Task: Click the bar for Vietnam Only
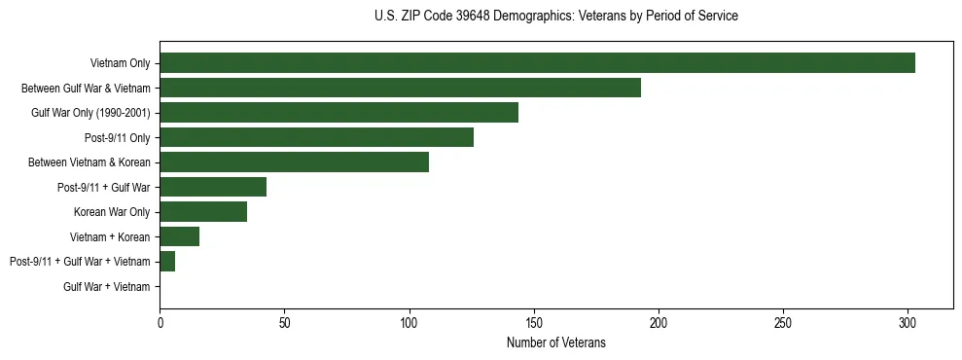[537, 63]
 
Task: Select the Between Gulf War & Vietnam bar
[400, 88]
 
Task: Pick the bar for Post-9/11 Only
[316, 137]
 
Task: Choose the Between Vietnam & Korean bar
[294, 162]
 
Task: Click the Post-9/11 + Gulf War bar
[213, 187]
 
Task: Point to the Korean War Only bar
[203, 212]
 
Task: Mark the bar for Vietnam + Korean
[179, 236]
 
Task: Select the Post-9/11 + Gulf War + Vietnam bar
[167, 262]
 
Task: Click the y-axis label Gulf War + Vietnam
[107, 287]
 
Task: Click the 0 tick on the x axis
[160, 320]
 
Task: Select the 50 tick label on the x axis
[284, 320]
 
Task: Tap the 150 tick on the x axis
[533, 320]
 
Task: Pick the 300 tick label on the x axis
[908, 320]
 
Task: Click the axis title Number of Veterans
[555, 342]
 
